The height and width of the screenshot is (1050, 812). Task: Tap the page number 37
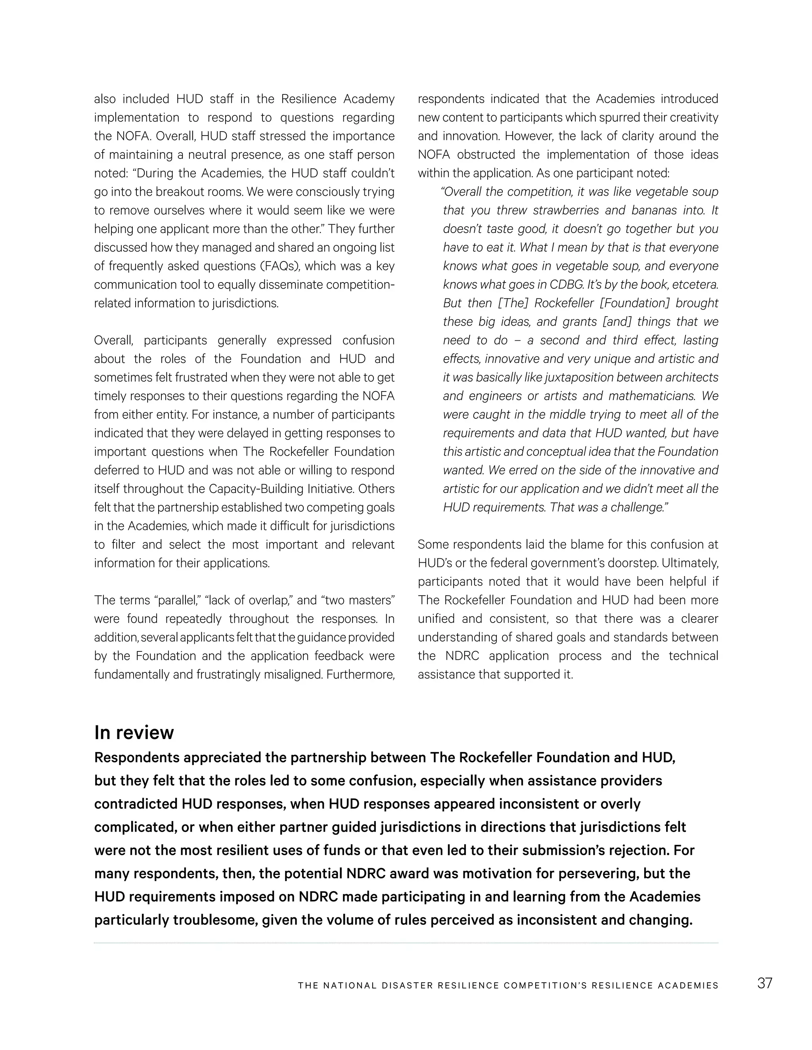pyautogui.click(x=764, y=983)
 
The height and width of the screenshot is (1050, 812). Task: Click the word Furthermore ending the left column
pyautogui.click(x=360, y=674)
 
